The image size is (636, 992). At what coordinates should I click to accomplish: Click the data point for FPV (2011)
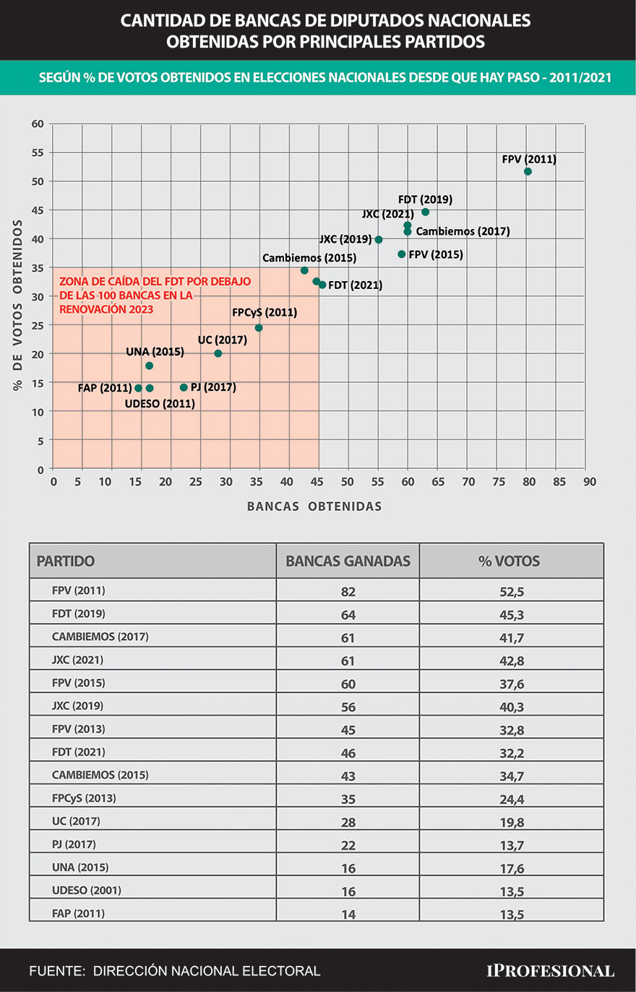[x=528, y=172]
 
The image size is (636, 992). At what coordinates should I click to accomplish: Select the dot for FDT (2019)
[x=425, y=212]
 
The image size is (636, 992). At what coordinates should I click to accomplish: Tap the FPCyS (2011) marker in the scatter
[x=259, y=328]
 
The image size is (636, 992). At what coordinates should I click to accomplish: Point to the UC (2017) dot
[x=218, y=353]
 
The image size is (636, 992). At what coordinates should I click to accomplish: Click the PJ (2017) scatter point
[x=184, y=387]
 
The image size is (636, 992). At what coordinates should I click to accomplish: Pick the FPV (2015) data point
[x=402, y=254]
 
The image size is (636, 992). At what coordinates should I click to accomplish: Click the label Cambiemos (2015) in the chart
[x=309, y=258]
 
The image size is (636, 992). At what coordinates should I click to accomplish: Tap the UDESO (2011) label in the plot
[x=160, y=404]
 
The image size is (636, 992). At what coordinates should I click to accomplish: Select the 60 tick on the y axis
[x=38, y=124]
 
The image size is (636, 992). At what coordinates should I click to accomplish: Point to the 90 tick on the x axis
[x=589, y=482]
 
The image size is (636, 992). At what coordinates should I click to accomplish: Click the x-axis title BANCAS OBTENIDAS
[x=314, y=506]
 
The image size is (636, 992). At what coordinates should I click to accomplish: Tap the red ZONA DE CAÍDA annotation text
[x=155, y=295]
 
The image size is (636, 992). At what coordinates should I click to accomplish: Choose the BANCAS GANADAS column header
[x=348, y=561]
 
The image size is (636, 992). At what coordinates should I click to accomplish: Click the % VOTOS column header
[x=510, y=561]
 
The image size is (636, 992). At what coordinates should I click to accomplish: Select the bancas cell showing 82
[x=348, y=592]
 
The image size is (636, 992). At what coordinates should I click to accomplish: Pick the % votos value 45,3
[x=512, y=615]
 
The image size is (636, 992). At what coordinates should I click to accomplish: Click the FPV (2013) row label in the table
[x=78, y=729]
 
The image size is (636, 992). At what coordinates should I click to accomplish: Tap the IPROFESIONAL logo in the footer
[x=550, y=971]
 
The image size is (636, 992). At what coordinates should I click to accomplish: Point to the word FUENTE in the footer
[x=56, y=971]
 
